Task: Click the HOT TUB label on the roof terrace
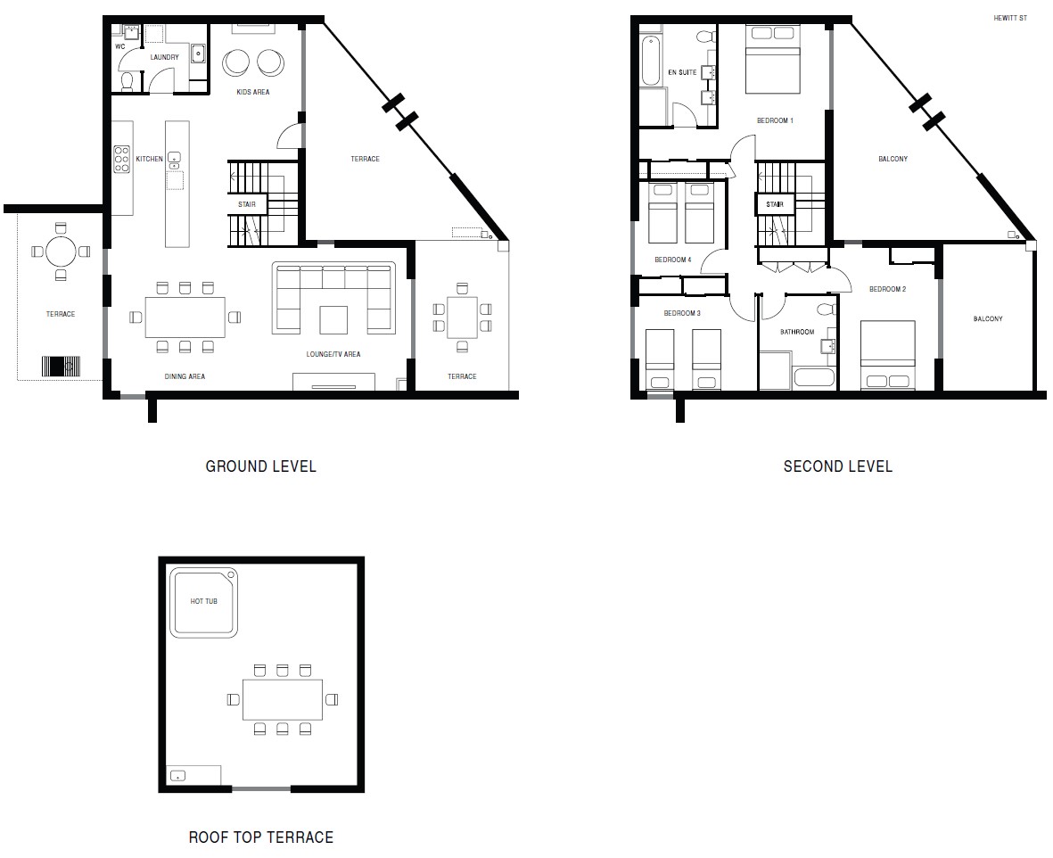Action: point(204,601)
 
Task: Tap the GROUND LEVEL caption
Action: point(260,466)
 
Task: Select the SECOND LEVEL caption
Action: point(837,466)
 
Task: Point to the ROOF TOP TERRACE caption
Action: point(260,837)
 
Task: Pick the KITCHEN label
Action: point(149,159)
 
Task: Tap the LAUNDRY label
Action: point(164,57)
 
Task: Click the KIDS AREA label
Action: point(252,92)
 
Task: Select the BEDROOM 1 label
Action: point(774,120)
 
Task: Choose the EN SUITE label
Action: point(682,72)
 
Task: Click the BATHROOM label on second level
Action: point(797,332)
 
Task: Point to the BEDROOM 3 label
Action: point(682,314)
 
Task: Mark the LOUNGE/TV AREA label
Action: point(333,355)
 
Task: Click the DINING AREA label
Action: point(185,376)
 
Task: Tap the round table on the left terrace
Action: point(61,252)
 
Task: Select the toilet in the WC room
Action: point(127,82)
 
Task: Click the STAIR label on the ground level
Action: point(246,204)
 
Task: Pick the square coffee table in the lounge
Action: point(334,319)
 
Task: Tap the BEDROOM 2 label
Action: point(887,289)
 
